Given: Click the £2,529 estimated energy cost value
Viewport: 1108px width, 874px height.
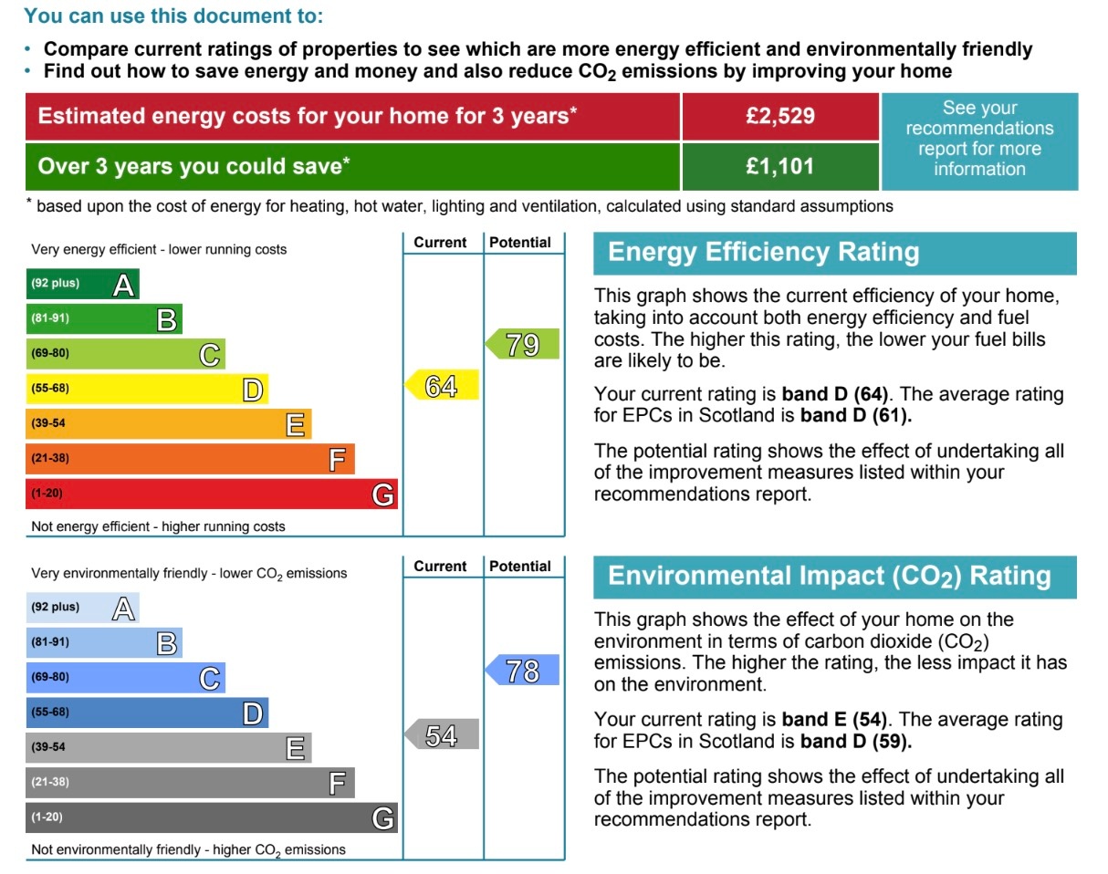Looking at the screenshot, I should coord(779,117).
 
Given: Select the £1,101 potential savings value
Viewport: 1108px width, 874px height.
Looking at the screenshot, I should coord(779,167).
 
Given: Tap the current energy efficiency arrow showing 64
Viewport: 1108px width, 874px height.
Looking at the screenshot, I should coord(442,386).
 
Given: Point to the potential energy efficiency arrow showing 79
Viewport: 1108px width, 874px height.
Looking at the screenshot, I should coord(522,345).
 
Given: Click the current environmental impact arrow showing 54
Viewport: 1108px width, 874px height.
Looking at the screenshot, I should coord(442,735).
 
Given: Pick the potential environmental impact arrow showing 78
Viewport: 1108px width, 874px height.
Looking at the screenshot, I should coord(522,671).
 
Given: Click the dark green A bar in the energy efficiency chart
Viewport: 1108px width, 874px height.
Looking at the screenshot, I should coord(82,285).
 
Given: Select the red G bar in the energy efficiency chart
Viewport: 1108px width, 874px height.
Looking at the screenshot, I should coord(211,494).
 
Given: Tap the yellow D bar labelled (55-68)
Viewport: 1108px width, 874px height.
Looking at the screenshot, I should coord(146,390).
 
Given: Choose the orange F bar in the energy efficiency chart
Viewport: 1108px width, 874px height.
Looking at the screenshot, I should coord(190,459).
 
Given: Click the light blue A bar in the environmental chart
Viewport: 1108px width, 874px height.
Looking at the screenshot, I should coord(82,608).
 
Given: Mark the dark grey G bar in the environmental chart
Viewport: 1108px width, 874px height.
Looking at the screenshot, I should coord(211,817).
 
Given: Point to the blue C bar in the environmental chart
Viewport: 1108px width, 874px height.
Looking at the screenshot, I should coord(125,678).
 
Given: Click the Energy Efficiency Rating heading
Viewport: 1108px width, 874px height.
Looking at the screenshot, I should coord(764,253).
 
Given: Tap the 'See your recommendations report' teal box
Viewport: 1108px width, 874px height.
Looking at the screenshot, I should coord(978,139).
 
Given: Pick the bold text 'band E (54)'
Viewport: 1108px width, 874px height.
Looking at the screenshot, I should coord(834,719).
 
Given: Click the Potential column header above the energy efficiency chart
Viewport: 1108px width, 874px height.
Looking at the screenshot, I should coord(520,243).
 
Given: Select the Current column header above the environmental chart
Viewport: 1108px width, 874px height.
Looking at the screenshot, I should coord(440,567).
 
